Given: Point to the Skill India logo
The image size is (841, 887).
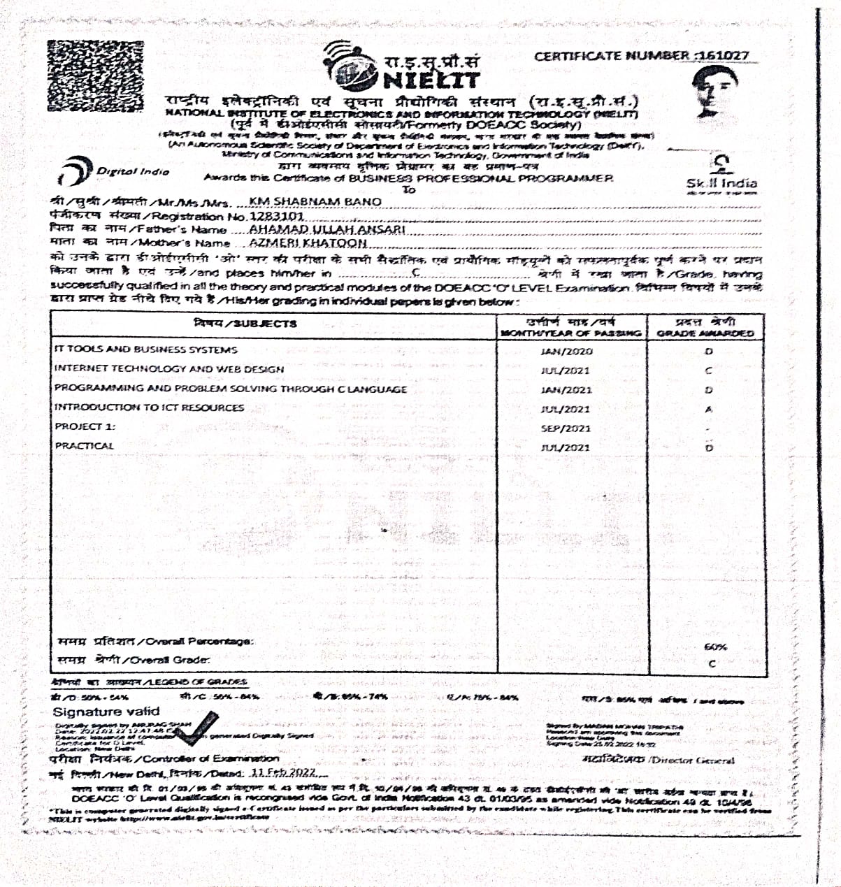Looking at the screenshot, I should point(721,173).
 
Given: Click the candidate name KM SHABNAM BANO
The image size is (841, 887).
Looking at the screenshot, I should point(315,201).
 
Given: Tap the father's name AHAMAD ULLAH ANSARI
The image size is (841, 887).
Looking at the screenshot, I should point(326,229).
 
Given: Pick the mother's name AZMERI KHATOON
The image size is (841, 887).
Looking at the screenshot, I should point(308,243).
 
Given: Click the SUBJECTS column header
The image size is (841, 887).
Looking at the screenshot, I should point(245,324).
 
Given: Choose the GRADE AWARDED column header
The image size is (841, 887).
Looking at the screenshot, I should point(705,327).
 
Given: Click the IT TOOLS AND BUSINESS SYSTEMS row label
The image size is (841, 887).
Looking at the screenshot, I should point(145,349).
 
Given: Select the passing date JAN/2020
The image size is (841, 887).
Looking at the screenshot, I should point(566,352).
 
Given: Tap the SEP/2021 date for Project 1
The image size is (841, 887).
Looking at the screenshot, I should point(566,428).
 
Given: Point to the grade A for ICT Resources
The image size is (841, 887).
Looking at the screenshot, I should point(709,410).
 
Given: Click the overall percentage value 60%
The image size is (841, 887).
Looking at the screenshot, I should point(714,647).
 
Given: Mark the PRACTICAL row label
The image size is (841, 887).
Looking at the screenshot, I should point(84,446).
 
